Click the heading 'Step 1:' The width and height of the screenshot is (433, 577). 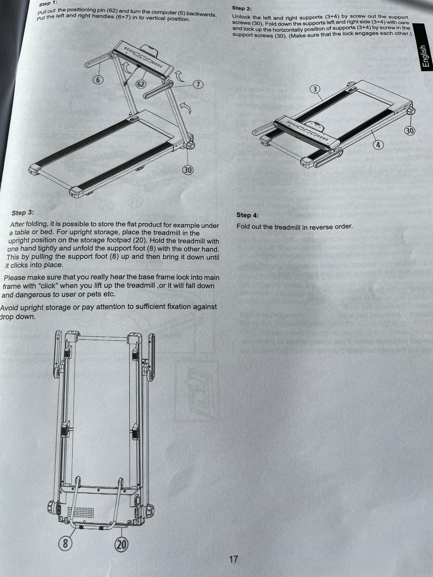coord(48,4)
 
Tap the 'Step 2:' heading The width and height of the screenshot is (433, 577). coord(242,9)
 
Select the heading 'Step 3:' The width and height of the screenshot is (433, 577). coord(23,212)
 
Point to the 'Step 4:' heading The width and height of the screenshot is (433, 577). coord(247,215)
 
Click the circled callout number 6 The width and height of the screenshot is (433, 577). coord(97,80)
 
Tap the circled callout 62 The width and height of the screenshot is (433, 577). coord(141,84)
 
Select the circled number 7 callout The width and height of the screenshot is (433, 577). coord(198,85)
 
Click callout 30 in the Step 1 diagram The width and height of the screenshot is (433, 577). coord(188,170)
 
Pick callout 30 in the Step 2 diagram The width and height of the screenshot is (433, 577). coord(410,131)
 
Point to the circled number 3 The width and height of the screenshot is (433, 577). coord(315,89)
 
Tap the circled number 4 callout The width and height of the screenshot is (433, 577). coord(378,145)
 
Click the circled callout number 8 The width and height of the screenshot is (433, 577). coord(65,543)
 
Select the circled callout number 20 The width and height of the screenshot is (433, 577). coord(121,545)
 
